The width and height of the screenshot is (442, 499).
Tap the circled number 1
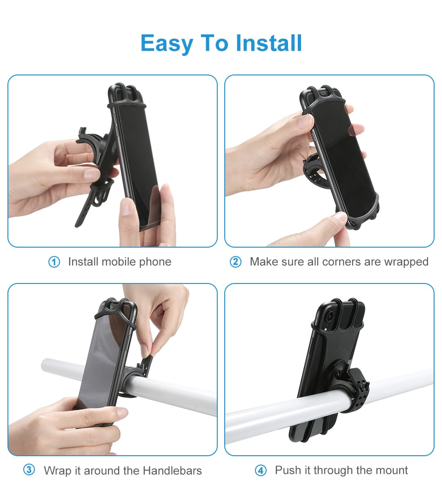[x=54, y=262]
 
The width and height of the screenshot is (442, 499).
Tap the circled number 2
[x=236, y=262]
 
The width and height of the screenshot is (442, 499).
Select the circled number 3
[x=29, y=470]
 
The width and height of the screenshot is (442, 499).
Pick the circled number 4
[x=261, y=471]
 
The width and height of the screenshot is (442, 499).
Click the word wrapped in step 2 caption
[x=406, y=262]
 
